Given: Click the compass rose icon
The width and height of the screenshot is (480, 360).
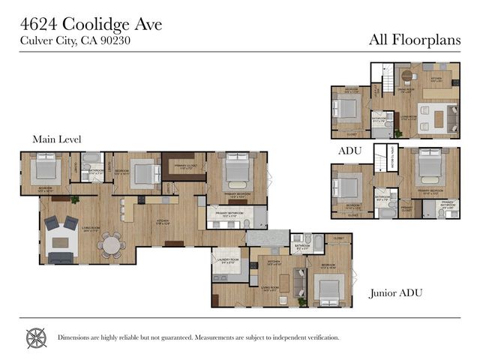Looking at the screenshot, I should pyautogui.click(x=36, y=337).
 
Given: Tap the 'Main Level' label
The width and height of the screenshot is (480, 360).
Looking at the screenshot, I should pyautogui.click(x=56, y=139).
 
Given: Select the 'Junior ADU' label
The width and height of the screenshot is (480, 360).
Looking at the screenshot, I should pyautogui.click(x=396, y=293).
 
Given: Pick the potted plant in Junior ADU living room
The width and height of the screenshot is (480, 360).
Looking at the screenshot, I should pyautogui.click(x=301, y=301).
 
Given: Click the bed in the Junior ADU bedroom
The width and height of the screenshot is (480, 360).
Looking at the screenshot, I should pyautogui.click(x=328, y=287).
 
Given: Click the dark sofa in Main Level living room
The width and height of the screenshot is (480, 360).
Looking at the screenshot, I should pyautogui.click(x=61, y=257).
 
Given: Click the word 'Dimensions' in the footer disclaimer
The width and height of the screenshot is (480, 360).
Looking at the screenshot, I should pyautogui.click(x=76, y=337).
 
